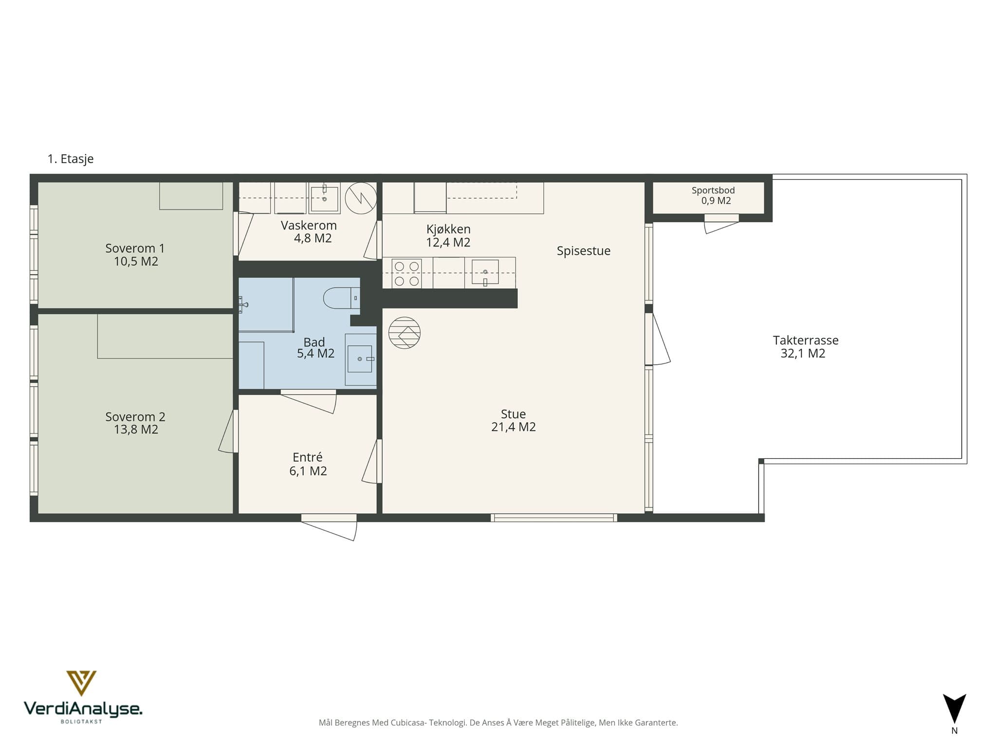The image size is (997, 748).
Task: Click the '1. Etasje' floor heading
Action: [71, 159]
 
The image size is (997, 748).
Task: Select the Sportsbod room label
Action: [713, 190]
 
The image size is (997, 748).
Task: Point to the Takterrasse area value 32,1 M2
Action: [803, 354]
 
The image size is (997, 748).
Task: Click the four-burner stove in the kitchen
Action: [406, 274]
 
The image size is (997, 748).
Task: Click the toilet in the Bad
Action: [341, 298]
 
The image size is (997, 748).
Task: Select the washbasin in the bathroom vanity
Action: [360, 359]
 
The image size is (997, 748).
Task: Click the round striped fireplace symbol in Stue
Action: [405, 333]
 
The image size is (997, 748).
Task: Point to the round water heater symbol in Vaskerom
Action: [361, 198]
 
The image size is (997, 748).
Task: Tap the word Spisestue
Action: [584, 251]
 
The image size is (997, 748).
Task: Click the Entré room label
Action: [308, 457]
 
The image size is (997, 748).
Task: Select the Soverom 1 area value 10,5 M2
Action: [136, 262]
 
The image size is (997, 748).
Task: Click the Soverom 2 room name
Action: [135, 417]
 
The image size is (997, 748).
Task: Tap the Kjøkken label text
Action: [448, 229]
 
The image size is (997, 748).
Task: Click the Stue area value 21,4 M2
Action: [514, 427]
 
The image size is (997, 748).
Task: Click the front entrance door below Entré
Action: [329, 527]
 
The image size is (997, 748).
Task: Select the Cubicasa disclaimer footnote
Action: [498, 723]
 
